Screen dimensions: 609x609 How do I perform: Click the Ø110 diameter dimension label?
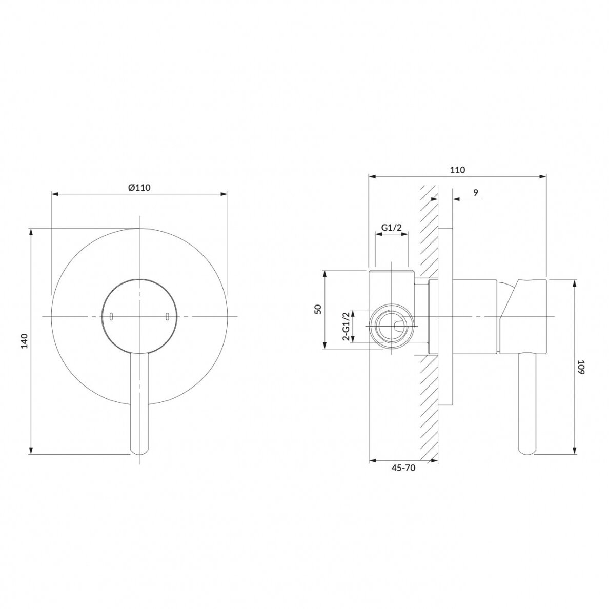click(139, 187)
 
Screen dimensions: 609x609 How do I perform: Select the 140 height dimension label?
click(25, 340)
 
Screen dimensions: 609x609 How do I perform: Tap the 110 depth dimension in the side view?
click(458, 170)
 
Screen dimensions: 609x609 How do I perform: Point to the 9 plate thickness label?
click(476, 192)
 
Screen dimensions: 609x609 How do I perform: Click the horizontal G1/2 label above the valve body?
click(391, 228)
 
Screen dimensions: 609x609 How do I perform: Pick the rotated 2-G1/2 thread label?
click(346, 326)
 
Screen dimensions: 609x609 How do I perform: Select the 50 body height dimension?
click(318, 310)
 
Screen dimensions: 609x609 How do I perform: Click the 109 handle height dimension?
click(580, 367)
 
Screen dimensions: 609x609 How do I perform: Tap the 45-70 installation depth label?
click(403, 468)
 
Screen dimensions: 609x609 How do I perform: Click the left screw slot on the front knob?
click(111, 316)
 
